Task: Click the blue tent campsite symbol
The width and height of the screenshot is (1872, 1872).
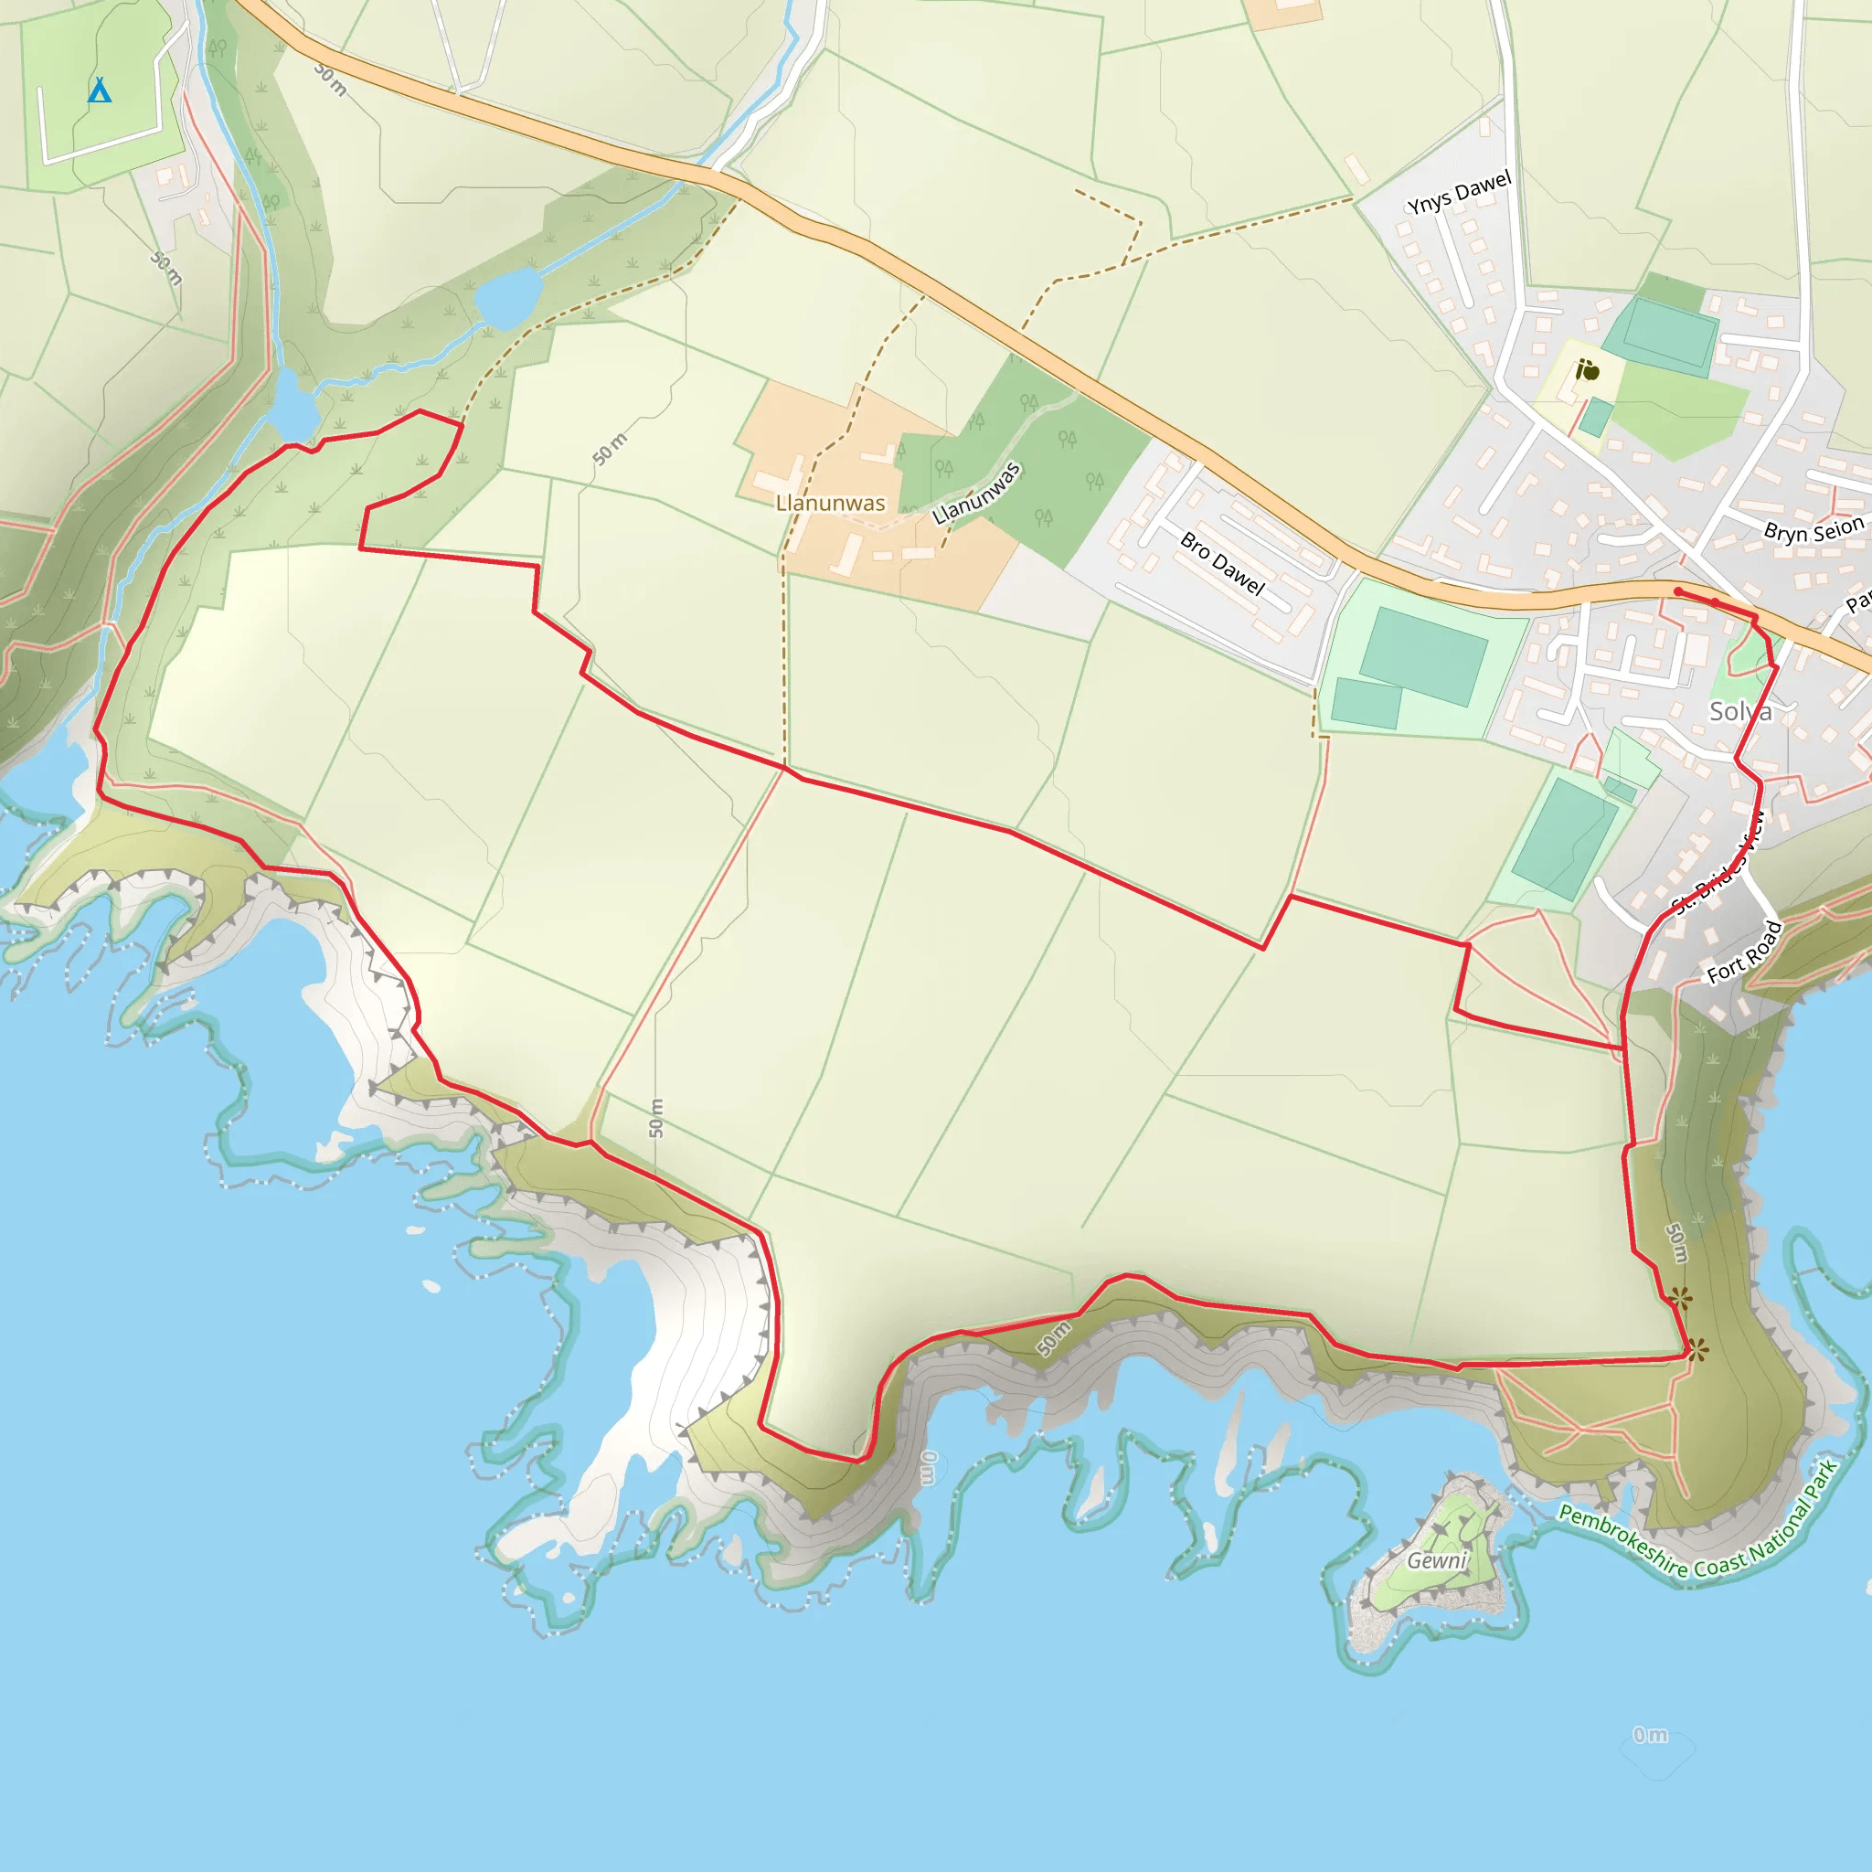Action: [x=99, y=91]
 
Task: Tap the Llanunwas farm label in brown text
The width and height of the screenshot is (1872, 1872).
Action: [x=830, y=503]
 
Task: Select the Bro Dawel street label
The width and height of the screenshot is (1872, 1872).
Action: [x=1222, y=563]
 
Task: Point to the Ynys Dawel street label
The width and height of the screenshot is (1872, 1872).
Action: [x=1458, y=192]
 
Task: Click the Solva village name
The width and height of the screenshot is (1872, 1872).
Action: [x=1740, y=711]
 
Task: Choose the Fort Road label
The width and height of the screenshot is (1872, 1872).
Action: [x=1744, y=952]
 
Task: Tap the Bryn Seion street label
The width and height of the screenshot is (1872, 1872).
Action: [x=1813, y=530]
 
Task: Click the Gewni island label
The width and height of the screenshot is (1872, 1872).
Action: [x=1437, y=1560]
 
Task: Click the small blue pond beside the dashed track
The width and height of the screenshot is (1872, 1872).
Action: [x=506, y=295]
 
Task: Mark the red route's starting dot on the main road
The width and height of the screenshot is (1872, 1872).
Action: [x=1678, y=591]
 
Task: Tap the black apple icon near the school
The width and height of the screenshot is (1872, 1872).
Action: [x=1587, y=370]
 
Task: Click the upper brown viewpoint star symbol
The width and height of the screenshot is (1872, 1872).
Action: [x=1681, y=1297]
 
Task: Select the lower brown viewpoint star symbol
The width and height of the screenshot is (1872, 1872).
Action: [x=1696, y=1349]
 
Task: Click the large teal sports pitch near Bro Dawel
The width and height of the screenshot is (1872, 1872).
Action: [x=1422, y=655]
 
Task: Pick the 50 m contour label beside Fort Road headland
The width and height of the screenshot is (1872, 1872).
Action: [x=1676, y=1243]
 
